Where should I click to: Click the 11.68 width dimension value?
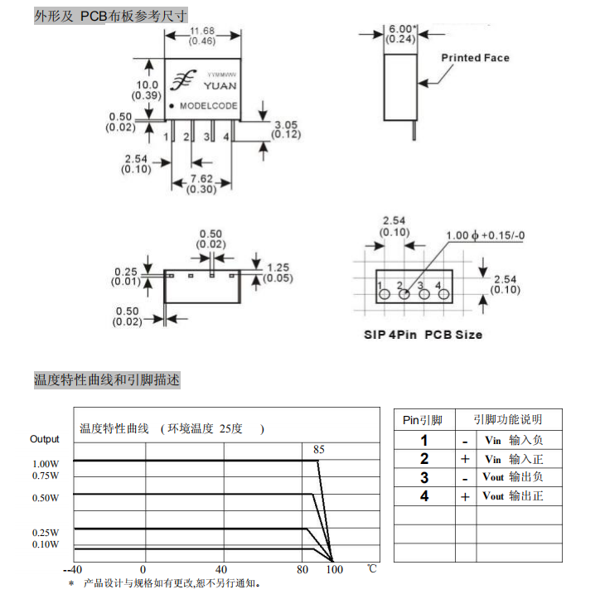[202, 31]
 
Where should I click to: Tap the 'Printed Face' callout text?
[475, 58]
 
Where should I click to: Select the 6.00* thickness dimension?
[400, 29]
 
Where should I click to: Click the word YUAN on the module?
[220, 85]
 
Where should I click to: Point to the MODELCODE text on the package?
[209, 105]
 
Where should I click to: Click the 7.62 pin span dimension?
[201, 179]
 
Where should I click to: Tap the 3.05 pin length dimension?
[286, 125]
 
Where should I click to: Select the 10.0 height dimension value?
[148, 85]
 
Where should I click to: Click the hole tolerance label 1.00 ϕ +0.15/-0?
[485, 235]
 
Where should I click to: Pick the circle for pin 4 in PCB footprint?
[443, 294]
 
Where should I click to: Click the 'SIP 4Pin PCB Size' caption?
[423, 335]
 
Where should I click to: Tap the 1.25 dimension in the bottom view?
[278, 268]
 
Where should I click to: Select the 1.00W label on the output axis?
[46, 464]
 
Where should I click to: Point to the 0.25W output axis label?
[46, 533]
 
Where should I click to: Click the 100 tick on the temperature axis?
[335, 569]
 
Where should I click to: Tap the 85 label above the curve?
[319, 449]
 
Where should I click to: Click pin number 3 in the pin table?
[424, 477]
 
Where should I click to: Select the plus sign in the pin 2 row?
[465, 459]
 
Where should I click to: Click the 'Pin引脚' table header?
[423, 420]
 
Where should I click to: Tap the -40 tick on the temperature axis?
[73, 569]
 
